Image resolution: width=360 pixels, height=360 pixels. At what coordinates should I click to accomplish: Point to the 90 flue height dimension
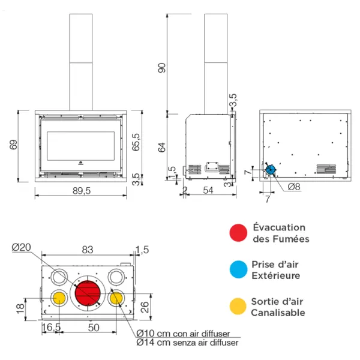pos(161,68)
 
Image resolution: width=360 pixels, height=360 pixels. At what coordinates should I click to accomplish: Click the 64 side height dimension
pos(161,147)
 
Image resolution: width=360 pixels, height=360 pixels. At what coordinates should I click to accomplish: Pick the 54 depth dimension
pos(208,191)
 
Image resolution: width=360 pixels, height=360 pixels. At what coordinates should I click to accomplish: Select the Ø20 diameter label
pos(22,247)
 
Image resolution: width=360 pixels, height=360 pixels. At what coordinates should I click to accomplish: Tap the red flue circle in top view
pos(88,292)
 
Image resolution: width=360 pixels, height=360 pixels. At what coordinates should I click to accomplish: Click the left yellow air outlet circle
pos(60,298)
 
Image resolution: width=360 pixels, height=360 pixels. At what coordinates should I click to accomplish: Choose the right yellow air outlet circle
pos(116,298)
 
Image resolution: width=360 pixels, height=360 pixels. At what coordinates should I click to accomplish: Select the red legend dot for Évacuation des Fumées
pos(238,233)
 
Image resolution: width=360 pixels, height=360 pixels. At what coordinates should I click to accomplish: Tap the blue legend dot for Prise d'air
pos(238,270)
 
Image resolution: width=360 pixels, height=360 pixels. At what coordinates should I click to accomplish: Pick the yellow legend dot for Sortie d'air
pos(238,307)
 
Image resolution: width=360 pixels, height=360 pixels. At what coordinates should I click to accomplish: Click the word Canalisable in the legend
pos(278,313)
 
